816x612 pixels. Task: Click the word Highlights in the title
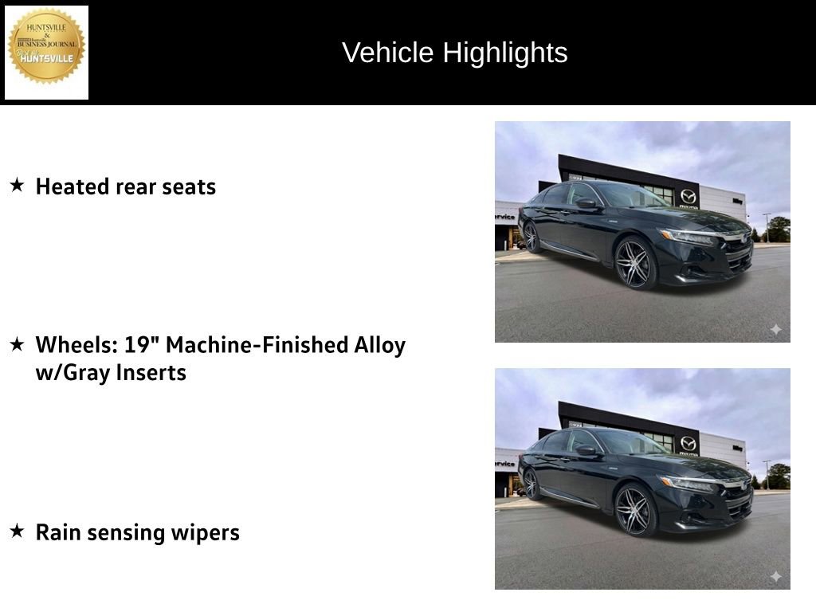505,53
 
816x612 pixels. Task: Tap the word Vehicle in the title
389,53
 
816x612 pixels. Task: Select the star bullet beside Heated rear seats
17,186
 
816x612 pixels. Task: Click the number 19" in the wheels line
141,345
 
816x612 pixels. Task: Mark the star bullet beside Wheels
17,344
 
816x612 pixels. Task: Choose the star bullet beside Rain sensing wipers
17,532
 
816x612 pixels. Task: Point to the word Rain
57,532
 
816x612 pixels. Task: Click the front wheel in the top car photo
635,263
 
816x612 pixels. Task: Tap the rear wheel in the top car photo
532,237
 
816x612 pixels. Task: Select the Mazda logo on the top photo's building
688,196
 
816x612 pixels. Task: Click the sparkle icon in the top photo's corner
775,329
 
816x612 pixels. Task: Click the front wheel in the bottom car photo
635,510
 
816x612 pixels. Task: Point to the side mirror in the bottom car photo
586,450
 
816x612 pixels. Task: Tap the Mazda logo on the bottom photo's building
688,443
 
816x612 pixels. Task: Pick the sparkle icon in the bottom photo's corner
775,576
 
